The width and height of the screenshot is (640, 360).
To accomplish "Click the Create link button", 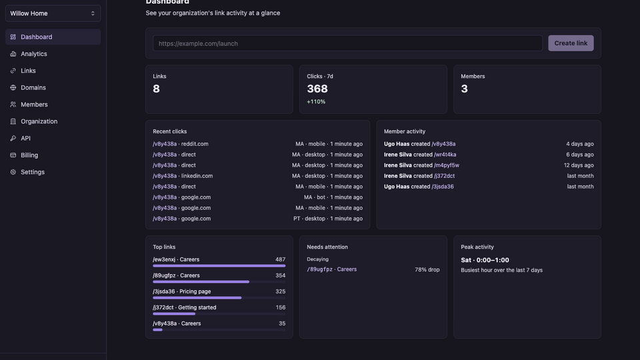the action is click(x=571, y=43).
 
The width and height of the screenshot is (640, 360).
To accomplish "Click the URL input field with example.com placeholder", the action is click(x=347, y=43).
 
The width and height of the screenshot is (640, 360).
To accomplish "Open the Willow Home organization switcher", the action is click(x=53, y=13).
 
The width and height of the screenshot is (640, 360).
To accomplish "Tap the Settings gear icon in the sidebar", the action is click(x=13, y=172).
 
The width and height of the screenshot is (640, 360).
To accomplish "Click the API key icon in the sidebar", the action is click(x=13, y=139).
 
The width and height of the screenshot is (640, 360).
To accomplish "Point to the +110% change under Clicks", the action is click(x=316, y=101).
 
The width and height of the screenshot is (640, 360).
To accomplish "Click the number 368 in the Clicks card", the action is click(x=317, y=89).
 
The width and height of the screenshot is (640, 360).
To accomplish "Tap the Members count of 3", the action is click(x=464, y=89).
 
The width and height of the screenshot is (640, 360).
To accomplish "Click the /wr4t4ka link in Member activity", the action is click(x=445, y=155).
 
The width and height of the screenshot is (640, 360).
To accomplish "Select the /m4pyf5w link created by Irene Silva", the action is click(x=447, y=165).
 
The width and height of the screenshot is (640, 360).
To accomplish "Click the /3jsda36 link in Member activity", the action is click(x=443, y=187).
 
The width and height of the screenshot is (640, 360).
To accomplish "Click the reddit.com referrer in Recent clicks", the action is click(x=195, y=144).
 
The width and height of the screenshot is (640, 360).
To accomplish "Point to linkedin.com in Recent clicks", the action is click(x=197, y=176).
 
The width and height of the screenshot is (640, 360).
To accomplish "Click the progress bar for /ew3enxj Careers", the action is click(x=219, y=266).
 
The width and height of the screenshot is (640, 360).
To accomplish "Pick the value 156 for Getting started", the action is click(x=281, y=307).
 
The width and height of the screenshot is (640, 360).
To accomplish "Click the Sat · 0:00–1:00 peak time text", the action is click(x=485, y=260).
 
